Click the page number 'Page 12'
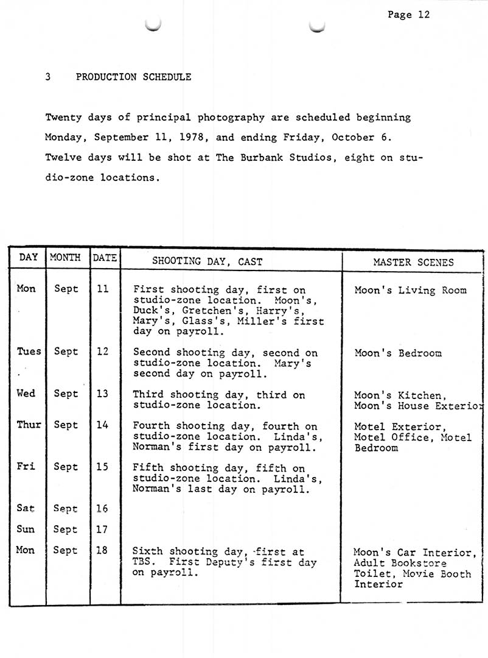coord(408,15)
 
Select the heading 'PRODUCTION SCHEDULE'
coord(133,77)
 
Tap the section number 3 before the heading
coord(47,77)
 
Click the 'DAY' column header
coord(28,258)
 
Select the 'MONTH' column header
coord(66,258)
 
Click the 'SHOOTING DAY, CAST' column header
coord(207,261)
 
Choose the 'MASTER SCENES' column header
coord(413,262)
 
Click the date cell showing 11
coord(103,289)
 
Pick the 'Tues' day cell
coord(29,351)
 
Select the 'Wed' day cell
coord(26,394)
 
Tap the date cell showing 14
coord(103,425)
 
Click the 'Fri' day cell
coord(25,467)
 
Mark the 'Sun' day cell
coord(26,529)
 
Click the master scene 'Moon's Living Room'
coord(410,291)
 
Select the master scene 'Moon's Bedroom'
coord(398,353)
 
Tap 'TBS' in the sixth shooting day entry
coord(142,562)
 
